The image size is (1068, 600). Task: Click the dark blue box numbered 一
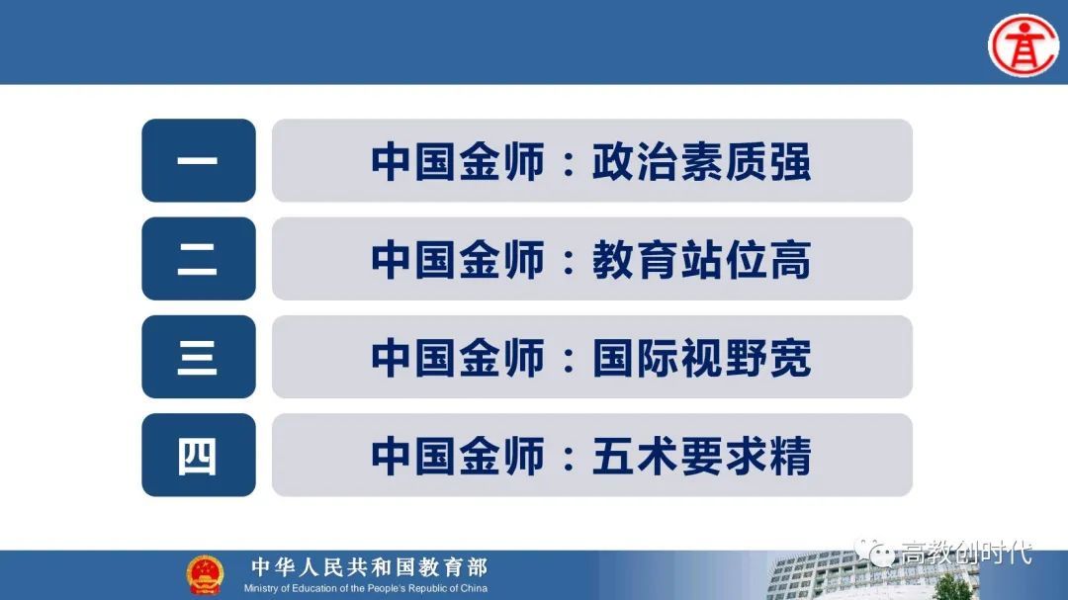coord(199,160)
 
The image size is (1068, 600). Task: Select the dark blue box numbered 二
coord(199,259)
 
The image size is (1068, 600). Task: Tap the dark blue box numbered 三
coord(199,357)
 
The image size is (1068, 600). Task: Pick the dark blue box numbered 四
coord(199,455)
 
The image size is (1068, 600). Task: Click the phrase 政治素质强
coord(701,161)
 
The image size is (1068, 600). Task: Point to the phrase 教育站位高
coord(701,260)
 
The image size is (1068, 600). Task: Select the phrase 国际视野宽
coord(701,358)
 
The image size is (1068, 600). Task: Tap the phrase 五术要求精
coord(701,456)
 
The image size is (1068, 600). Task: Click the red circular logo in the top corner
coord(1023,43)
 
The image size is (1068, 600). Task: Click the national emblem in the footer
coord(205,573)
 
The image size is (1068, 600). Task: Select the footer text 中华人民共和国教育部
coord(369,567)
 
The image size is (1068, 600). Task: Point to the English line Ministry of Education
coord(366,588)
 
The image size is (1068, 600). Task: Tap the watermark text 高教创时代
coord(965,554)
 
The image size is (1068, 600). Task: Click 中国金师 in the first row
coord(458,161)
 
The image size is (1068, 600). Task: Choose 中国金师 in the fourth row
coord(458,456)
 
